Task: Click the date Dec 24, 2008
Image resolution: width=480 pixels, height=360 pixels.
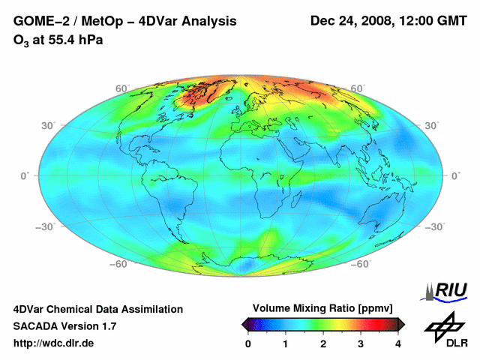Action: (351, 22)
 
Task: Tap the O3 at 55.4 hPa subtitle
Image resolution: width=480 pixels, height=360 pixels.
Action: (58, 40)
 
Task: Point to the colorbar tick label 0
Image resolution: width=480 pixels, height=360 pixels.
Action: (248, 343)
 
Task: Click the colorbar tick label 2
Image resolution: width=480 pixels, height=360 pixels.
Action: (323, 343)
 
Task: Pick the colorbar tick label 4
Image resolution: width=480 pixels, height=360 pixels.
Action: (398, 343)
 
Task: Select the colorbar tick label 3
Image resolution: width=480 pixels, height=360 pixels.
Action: (361, 343)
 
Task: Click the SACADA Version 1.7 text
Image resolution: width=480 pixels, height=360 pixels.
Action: (64, 326)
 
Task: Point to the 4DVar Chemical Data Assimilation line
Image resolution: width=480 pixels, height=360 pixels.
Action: (97, 309)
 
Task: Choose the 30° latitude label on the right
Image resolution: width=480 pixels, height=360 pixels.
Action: (432, 125)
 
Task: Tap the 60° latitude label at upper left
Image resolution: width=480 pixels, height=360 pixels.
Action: (122, 88)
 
